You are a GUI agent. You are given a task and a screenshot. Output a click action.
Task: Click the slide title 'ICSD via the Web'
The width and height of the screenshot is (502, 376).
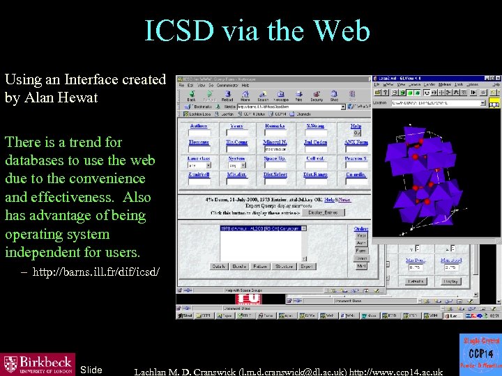coord(257,31)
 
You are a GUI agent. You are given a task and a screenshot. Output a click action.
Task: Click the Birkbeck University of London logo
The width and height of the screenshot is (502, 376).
coord(38,363)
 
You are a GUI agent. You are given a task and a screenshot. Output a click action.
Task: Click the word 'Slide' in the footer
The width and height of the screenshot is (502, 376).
coord(91,370)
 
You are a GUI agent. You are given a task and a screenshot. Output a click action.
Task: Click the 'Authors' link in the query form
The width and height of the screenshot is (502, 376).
coord(198,126)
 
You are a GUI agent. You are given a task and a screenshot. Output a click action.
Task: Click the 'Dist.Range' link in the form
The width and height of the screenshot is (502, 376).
coord(314,174)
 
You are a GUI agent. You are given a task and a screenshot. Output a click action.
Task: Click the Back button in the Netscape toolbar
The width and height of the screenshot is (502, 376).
coord(190,95)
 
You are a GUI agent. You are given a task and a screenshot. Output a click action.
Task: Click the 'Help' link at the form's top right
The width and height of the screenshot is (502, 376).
coord(356,126)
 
